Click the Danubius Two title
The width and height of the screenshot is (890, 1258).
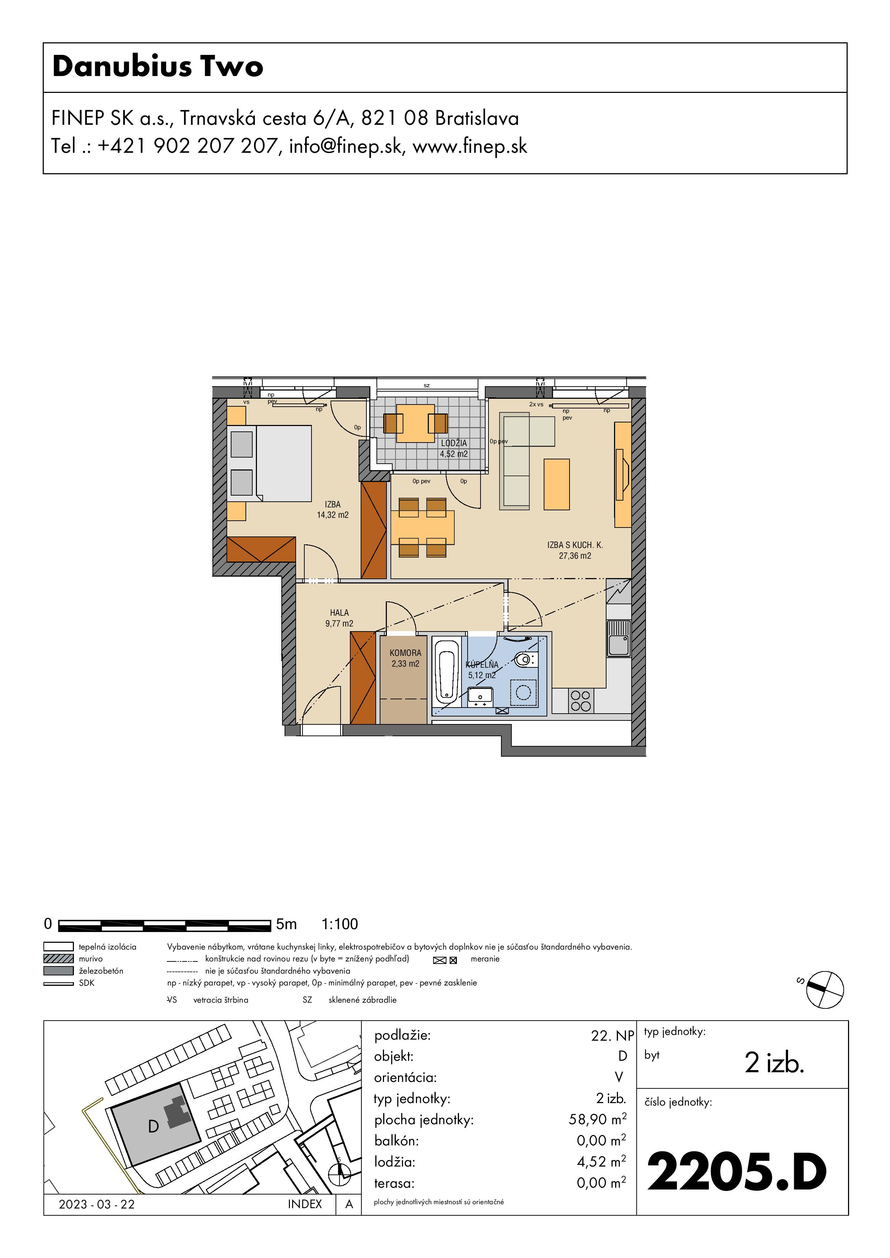[158, 66]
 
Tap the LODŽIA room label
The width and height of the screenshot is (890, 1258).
[454, 443]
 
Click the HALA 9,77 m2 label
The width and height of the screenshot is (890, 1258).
[339, 618]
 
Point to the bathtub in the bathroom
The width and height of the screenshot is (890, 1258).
[446, 671]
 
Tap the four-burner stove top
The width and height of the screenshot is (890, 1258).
[581, 701]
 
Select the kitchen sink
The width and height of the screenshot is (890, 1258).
[619, 639]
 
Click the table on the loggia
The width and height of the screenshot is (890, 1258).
[416, 424]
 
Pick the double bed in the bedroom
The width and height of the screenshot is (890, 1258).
[269, 464]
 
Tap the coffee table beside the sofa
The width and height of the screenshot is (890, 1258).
[557, 484]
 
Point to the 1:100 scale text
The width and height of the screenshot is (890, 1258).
[339, 924]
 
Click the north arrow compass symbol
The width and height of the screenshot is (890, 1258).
[825, 989]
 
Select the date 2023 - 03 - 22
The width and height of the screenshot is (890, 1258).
[97, 1204]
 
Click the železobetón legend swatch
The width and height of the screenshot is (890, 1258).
[58, 970]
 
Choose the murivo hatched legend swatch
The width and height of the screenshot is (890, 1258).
[58, 958]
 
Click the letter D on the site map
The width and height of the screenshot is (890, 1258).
[154, 1126]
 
